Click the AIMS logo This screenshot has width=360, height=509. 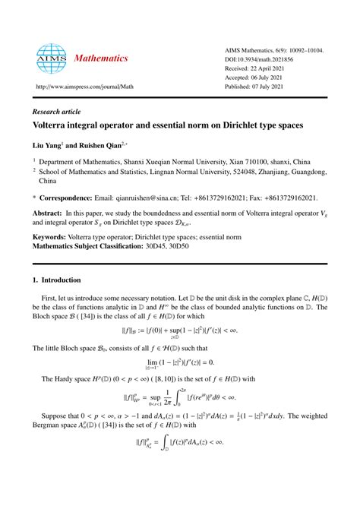(46, 58)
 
